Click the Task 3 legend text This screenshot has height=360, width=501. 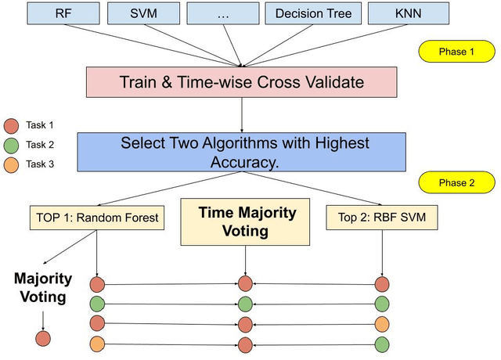pos(41,164)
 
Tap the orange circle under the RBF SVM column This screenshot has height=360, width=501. pos(382,322)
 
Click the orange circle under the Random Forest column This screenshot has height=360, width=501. pos(97,343)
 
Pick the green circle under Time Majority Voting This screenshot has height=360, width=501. pos(246,303)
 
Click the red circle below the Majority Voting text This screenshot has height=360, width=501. pos(42,338)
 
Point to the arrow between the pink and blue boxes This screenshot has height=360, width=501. pos(243,114)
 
